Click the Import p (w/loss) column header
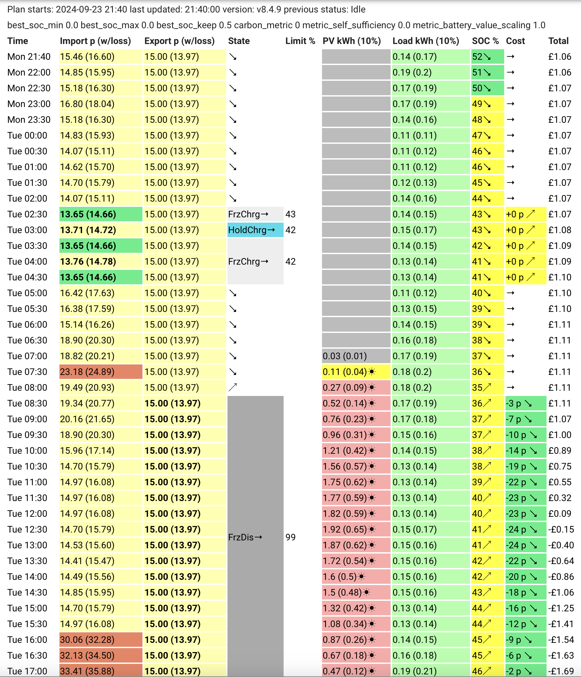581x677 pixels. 95,41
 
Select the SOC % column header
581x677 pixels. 485,41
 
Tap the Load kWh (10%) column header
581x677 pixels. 425,41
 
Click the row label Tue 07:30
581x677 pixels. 27,372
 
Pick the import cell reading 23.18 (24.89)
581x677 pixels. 101,372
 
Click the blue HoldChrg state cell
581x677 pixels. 255,230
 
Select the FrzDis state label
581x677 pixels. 245,537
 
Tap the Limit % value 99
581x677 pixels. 290,537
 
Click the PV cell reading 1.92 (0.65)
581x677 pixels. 356,529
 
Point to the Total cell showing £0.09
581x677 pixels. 560,513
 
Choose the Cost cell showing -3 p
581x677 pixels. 526,403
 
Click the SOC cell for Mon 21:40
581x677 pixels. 487,56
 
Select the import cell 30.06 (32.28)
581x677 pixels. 101,640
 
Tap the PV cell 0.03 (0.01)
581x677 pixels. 356,356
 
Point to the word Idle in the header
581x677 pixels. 358,9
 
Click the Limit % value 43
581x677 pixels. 290,214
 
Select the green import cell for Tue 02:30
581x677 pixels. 101,214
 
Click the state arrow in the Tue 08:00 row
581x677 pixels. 233,387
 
